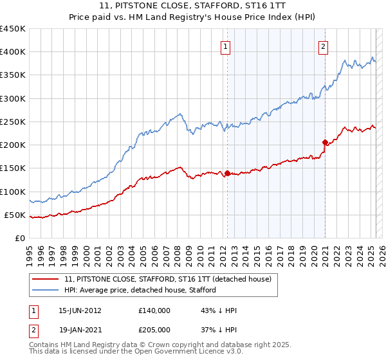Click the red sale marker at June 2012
(x=228, y=173)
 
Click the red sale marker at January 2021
(x=325, y=142)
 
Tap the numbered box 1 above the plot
(x=226, y=46)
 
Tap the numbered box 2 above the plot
(x=322, y=46)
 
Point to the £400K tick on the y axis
(x=13, y=52)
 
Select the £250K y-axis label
(x=13, y=122)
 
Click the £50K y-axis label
(x=15, y=215)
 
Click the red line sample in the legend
(x=45, y=279)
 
